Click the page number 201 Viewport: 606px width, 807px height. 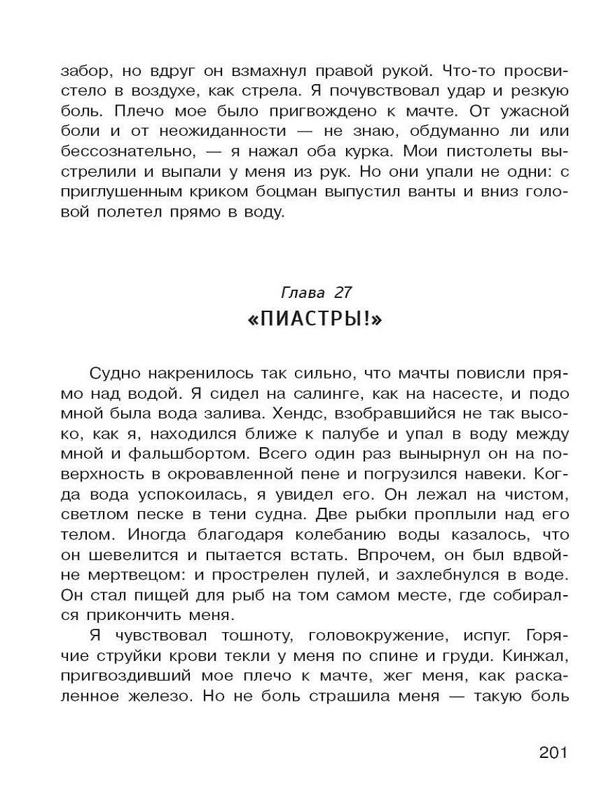[x=554, y=752]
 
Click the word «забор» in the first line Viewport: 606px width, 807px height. [x=84, y=71]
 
